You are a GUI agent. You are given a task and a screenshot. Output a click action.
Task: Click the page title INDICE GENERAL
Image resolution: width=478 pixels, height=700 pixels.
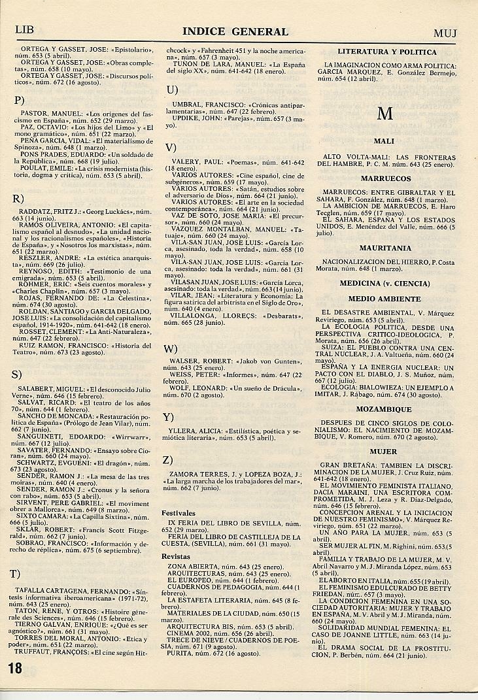(235, 31)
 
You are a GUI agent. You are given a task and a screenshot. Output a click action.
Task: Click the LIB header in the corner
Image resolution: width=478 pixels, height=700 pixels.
(24, 30)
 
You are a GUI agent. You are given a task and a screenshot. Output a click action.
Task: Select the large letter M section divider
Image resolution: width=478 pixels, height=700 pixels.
(385, 113)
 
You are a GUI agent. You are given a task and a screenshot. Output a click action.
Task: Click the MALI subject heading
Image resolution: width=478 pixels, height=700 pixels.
(385, 141)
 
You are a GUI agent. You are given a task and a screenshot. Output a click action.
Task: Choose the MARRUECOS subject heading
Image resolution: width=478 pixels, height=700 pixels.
(385, 178)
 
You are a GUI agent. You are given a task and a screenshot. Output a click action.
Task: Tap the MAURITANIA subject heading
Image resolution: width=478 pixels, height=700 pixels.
(385, 248)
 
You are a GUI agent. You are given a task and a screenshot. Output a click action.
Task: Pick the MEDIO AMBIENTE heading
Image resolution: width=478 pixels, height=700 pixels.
(385, 297)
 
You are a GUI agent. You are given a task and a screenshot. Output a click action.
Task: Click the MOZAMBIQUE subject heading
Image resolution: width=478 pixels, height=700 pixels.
(385, 409)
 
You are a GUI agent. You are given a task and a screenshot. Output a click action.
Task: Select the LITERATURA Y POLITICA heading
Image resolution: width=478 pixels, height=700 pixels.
(386, 52)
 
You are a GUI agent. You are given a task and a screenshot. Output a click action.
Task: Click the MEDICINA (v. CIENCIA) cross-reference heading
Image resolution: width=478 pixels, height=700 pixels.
(385, 283)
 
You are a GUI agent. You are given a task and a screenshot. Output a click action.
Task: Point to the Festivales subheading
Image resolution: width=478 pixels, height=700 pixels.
(179, 513)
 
